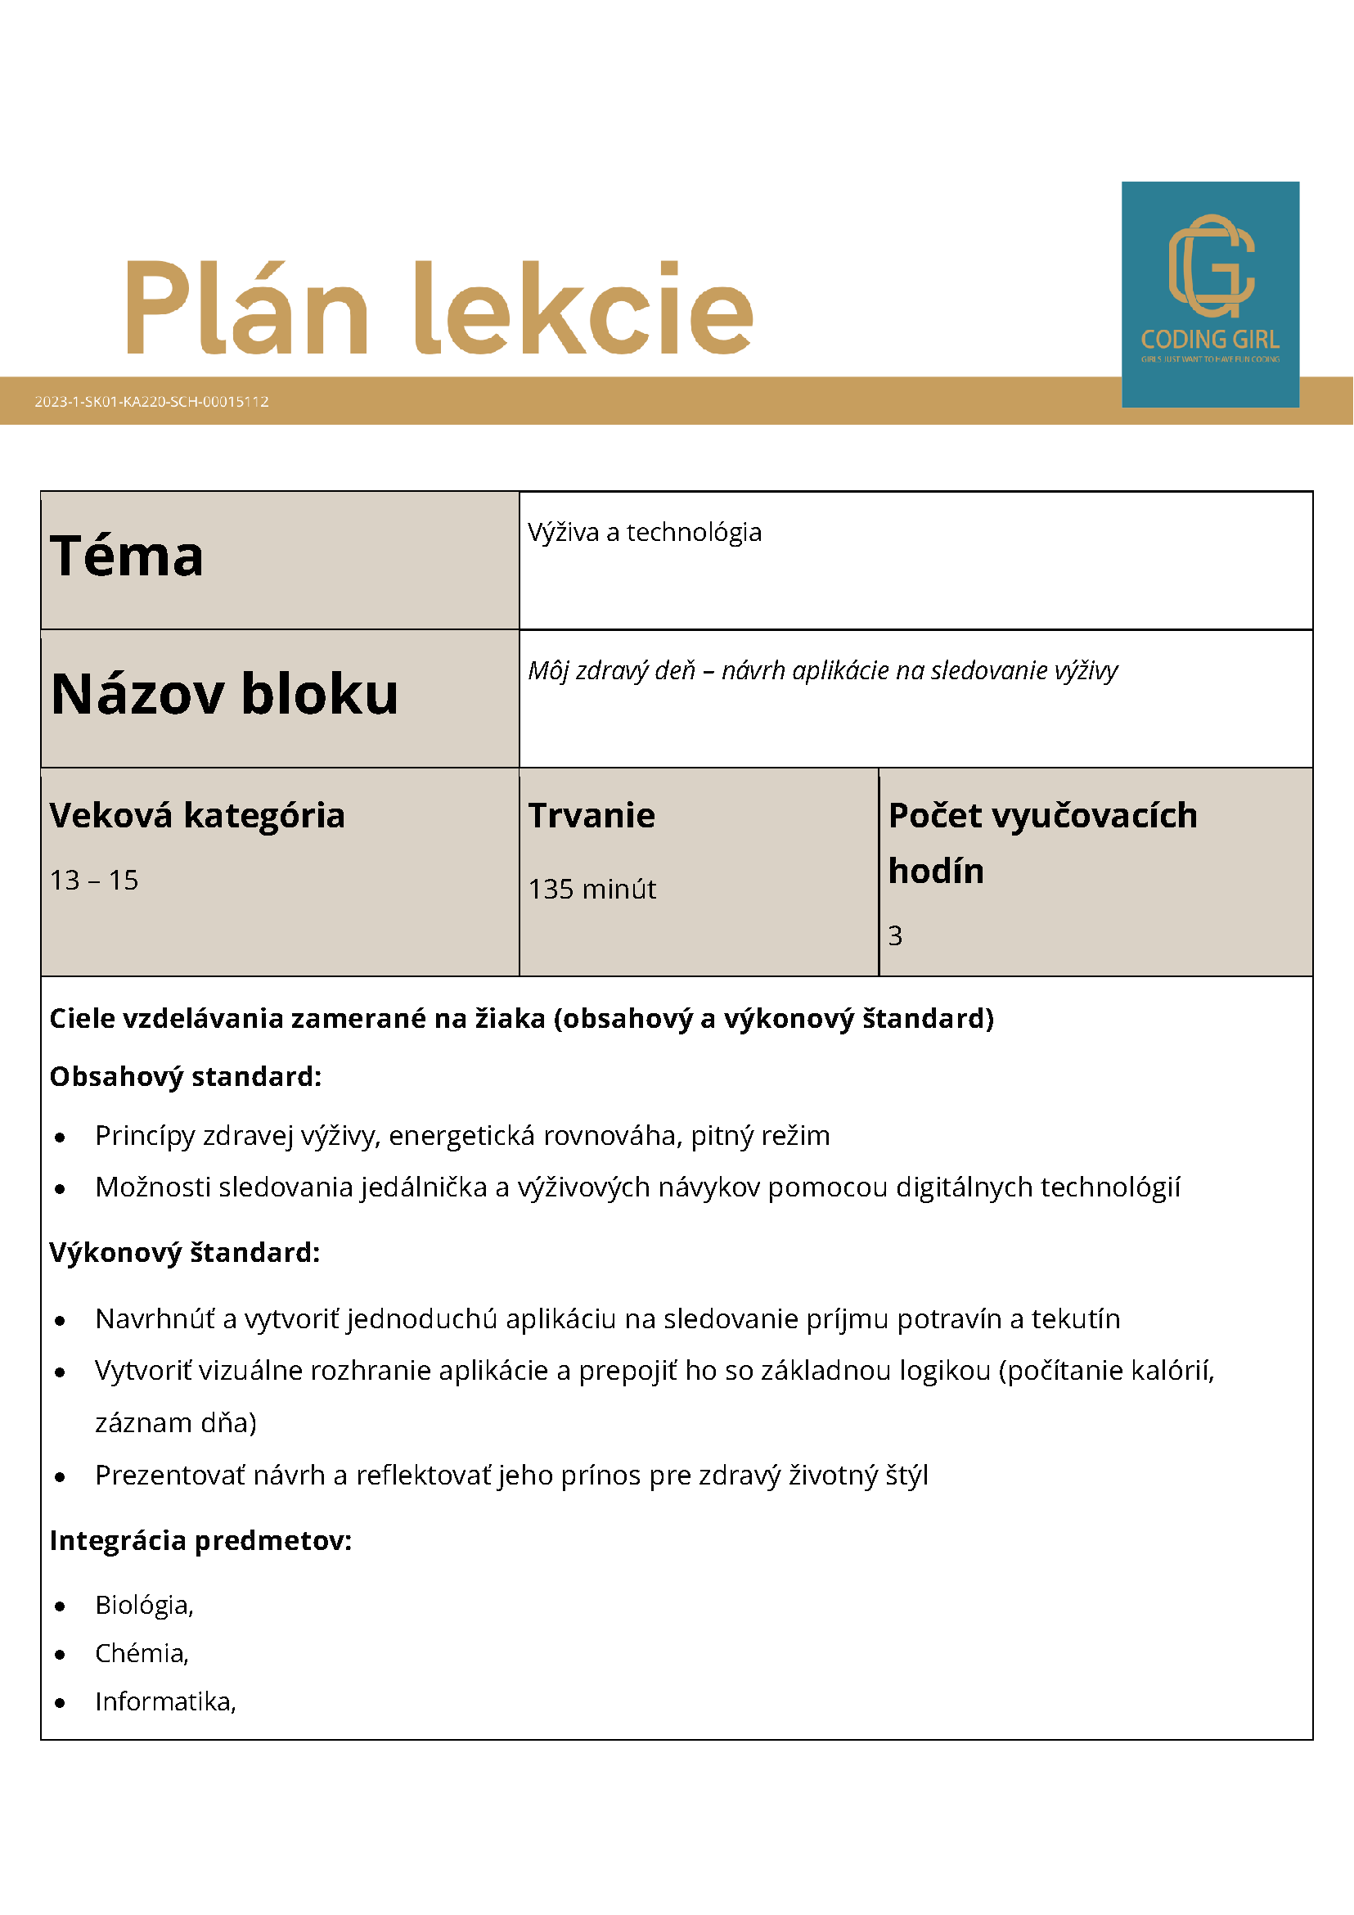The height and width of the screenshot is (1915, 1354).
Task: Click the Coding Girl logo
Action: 1210,294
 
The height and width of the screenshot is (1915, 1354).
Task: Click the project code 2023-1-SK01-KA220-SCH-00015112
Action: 151,401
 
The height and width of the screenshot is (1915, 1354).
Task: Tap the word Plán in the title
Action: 247,308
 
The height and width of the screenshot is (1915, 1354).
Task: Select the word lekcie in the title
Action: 583,308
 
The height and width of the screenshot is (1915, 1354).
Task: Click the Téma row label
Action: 127,556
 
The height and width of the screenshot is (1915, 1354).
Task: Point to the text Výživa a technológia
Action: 645,532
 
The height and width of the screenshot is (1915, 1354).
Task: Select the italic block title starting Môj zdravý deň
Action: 822,670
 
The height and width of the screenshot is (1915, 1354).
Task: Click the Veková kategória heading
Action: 197,816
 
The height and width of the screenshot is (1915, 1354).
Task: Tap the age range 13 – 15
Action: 94,880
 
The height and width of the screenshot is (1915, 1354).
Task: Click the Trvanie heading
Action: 592,816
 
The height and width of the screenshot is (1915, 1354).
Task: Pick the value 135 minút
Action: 592,889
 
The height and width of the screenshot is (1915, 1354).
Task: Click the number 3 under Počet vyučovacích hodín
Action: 894,936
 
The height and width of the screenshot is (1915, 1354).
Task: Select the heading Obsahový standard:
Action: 185,1077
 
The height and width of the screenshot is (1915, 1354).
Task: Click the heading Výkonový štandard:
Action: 185,1253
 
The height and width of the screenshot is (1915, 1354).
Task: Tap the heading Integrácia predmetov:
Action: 201,1540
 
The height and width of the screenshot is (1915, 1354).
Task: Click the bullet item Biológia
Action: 144,1605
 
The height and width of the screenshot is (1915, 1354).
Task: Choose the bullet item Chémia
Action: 142,1653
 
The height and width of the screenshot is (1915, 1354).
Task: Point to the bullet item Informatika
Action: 165,1701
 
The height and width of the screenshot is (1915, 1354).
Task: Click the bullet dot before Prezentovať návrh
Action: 60,1477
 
